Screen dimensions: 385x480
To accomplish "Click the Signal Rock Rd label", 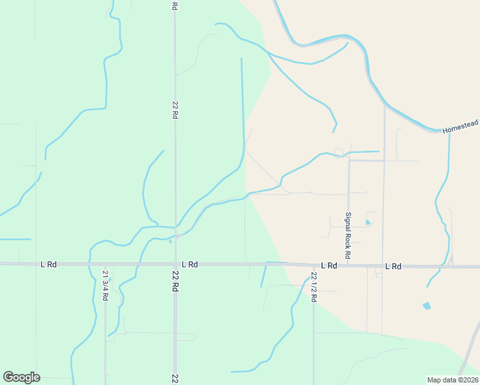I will pyautogui.click(x=348, y=235).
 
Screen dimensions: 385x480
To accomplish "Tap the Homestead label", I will pyautogui.click(x=460, y=130).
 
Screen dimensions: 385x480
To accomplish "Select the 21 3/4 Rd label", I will pyautogui.click(x=105, y=285).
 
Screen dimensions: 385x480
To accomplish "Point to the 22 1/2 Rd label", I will pyautogui.click(x=314, y=287).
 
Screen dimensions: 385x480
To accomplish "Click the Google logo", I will pyautogui.click(x=21, y=377).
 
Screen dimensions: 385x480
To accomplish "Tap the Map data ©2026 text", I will pyautogui.click(x=452, y=380).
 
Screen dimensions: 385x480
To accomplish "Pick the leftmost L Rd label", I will pyautogui.click(x=48, y=264).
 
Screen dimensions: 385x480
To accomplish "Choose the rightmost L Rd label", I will pyautogui.click(x=393, y=266).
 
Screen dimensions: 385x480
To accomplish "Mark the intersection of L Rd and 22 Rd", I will pyautogui.click(x=175, y=264).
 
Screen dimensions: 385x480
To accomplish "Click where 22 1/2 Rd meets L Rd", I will pyautogui.click(x=314, y=265).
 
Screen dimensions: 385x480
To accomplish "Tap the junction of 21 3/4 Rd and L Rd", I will pyautogui.click(x=105, y=264).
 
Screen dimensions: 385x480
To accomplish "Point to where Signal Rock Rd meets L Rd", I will pyautogui.click(x=348, y=266).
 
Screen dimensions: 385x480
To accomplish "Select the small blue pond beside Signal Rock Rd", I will pyautogui.click(x=368, y=223).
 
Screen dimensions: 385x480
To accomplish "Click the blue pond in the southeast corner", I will pyautogui.click(x=427, y=306).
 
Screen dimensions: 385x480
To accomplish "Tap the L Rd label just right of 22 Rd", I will pyautogui.click(x=189, y=264).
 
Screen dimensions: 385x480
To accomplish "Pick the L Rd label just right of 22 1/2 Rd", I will pyautogui.click(x=329, y=265).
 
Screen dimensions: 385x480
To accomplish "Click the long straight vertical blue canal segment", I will pyautogui.click(x=243, y=103).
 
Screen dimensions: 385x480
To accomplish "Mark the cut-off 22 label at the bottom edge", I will pyautogui.click(x=175, y=379).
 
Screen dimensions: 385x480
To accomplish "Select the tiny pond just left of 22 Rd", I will pyautogui.click(x=169, y=241).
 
